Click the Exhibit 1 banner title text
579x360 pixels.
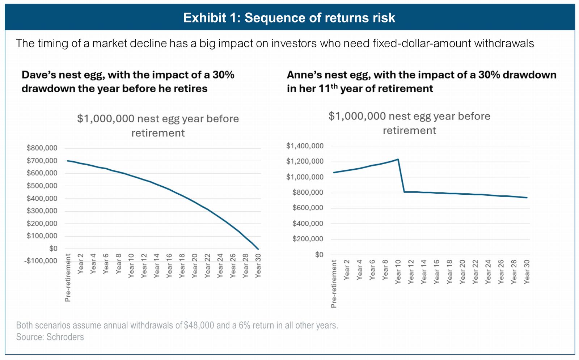(x=289, y=18)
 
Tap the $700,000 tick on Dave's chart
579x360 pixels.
(x=42, y=161)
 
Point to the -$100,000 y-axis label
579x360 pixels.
(x=41, y=261)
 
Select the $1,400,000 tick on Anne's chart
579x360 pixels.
(x=305, y=146)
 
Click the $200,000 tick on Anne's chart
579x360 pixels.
(x=308, y=239)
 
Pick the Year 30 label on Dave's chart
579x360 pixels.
(x=258, y=266)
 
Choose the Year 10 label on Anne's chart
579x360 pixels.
(x=398, y=272)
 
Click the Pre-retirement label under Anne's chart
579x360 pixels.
(x=334, y=284)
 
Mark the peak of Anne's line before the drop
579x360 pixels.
(x=398, y=159)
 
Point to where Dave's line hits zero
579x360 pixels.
(x=258, y=249)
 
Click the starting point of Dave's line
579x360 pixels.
(x=67, y=161)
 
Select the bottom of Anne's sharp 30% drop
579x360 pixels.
(x=405, y=192)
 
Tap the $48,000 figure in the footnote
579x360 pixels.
(x=199, y=325)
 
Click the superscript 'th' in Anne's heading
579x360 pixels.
(x=334, y=86)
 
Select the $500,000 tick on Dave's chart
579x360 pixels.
(x=42, y=186)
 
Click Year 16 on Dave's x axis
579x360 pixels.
(x=169, y=266)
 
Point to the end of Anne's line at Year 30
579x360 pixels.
(x=527, y=198)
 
